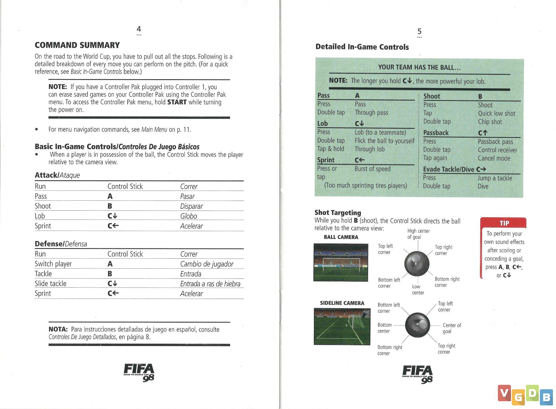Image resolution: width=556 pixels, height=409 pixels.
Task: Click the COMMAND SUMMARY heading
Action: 77,45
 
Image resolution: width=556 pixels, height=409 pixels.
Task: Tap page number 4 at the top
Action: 139,29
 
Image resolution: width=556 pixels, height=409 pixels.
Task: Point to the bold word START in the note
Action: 177,102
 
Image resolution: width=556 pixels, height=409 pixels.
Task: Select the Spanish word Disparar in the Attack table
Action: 191,206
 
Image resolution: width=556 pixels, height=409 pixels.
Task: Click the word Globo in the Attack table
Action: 188,216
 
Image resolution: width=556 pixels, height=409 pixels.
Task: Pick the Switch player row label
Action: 53,264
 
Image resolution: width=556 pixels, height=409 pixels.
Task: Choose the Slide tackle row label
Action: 50,283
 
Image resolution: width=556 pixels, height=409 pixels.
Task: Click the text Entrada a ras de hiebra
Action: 210,284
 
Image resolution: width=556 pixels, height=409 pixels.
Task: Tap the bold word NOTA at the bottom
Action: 58,329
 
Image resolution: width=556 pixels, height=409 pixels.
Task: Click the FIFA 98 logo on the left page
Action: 139,372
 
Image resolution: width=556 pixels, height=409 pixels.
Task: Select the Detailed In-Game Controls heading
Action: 362,47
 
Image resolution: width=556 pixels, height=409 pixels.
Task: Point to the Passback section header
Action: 436,133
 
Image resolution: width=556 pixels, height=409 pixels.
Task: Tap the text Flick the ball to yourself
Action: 384,141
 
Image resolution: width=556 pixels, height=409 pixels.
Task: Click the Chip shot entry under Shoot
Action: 490,122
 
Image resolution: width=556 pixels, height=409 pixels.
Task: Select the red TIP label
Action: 504,223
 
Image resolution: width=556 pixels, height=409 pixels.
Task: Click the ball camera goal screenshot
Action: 341,262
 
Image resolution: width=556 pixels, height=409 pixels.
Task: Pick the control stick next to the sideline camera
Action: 417,324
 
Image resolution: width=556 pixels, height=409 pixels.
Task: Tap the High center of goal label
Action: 418,234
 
